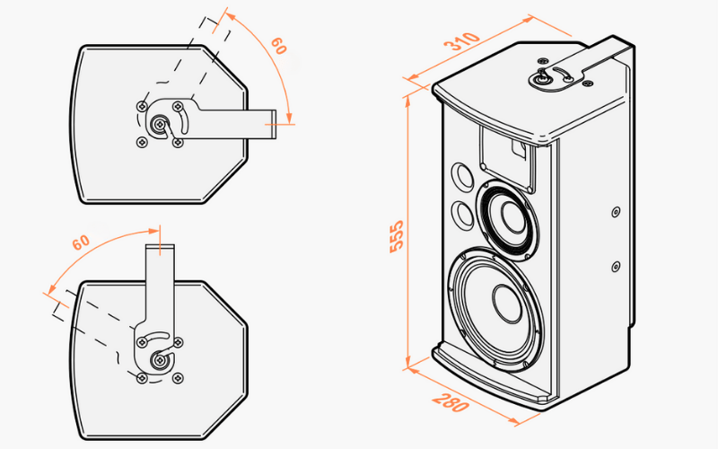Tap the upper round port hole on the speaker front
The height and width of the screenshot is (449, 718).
[461, 174]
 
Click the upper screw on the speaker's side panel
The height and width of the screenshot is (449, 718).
[615, 212]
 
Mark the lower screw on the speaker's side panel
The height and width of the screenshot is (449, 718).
[616, 266]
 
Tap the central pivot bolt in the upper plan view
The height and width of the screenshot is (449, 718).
[160, 125]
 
